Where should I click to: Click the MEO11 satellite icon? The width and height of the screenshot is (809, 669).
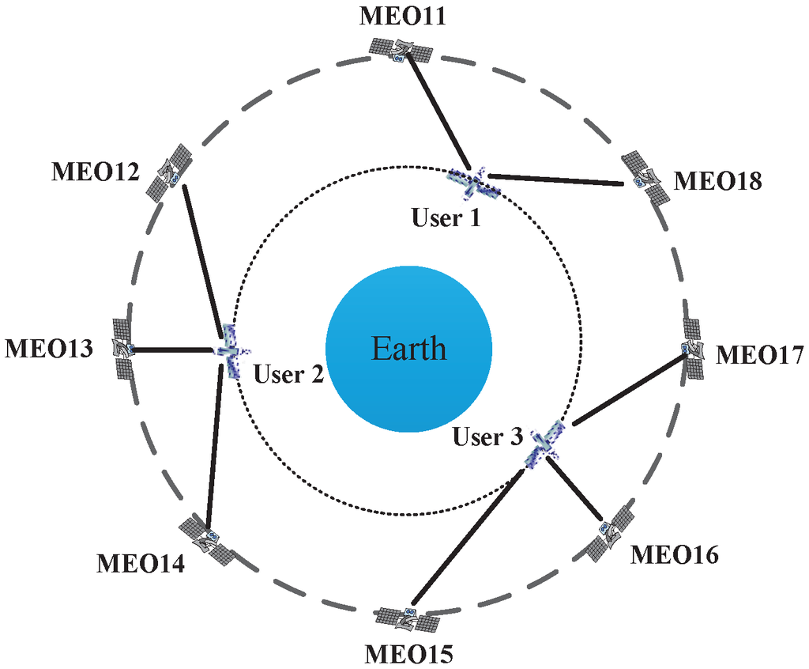pyautogui.click(x=401, y=51)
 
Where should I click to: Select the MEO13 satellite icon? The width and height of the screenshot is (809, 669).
pyautogui.click(x=122, y=348)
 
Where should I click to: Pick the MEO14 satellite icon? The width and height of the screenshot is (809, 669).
pyautogui.click(x=206, y=542)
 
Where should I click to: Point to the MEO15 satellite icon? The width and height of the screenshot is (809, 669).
pyautogui.click(x=408, y=618)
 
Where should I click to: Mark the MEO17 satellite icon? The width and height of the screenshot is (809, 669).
pyautogui.click(x=693, y=349)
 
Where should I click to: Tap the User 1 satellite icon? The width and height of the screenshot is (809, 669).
pyautogui.click(x=472, y=183)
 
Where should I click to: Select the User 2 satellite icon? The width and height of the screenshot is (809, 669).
pyautogui.click(x=229, y=350)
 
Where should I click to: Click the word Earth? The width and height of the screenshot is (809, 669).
pyautogui.click(x=409, y=349)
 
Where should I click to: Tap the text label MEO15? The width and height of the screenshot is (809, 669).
pyautogui.click(x=408, y=655)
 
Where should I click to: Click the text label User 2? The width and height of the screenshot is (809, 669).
pyautogui.click(x=289, y=374)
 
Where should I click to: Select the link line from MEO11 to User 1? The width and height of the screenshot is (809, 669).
pyautogui.click(x=437, y=111)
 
